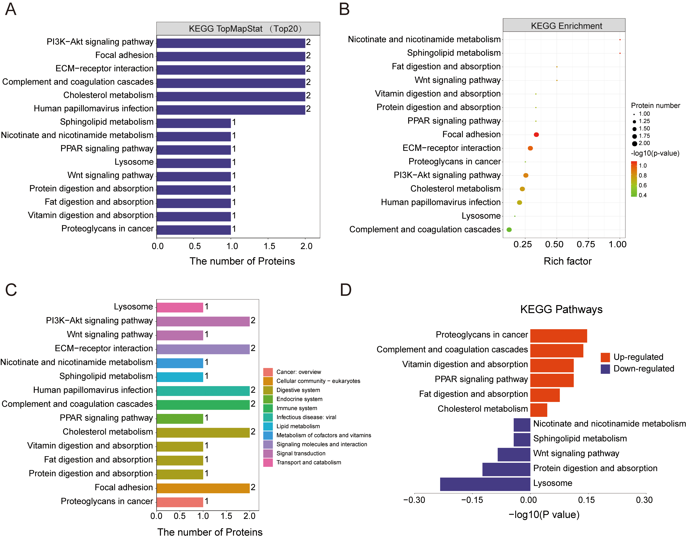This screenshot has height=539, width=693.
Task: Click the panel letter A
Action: click(11, 10)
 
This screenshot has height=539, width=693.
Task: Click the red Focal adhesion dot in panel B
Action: click(536, 135)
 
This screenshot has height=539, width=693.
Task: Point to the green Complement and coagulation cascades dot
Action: click(509, 230)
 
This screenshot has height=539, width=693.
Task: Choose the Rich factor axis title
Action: click(567, 261)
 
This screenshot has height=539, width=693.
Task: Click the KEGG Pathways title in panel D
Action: click(561, 309)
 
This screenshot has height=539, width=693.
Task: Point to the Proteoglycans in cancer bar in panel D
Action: click(559, 336)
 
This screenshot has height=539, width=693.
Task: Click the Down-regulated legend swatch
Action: click(605, 369)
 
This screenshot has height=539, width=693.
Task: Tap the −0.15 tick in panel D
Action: click(472, 500)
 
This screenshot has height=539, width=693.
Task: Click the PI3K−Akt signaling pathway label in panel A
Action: click(100, 42)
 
